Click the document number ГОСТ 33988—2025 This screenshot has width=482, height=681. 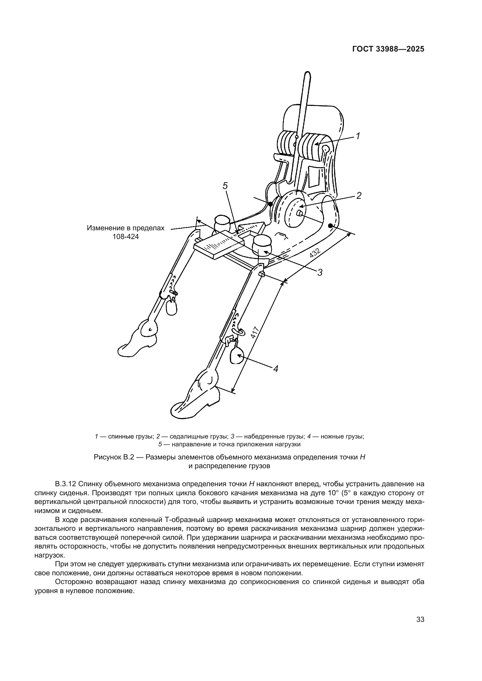(388, 49)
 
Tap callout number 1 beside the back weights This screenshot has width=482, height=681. (358, 136)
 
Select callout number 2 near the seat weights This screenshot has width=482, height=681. (359, 195)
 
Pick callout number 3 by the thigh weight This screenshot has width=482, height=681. (320, 272)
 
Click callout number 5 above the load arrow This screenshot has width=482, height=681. (225, 186)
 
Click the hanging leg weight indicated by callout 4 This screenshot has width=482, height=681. (237, 355)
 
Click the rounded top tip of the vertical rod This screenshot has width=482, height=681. (308, 74)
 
